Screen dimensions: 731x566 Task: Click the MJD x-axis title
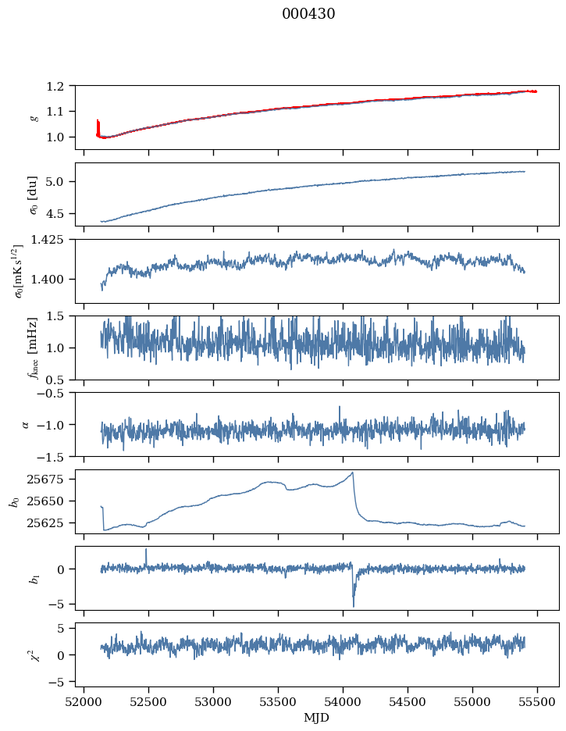click(x=317, y=717)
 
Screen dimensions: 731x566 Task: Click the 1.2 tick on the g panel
click(x=61, y=86)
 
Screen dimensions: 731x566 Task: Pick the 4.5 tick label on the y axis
click(x=61, y=213)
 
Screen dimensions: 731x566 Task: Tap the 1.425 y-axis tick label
click(x=54, y=240)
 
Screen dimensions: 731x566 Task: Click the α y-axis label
click(x=26, y=424)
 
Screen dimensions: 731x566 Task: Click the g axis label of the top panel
click(x=33, y=116)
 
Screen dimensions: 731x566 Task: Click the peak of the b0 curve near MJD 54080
click(x=353, y=472)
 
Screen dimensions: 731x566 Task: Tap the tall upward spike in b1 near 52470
click(x=145, y=550)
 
